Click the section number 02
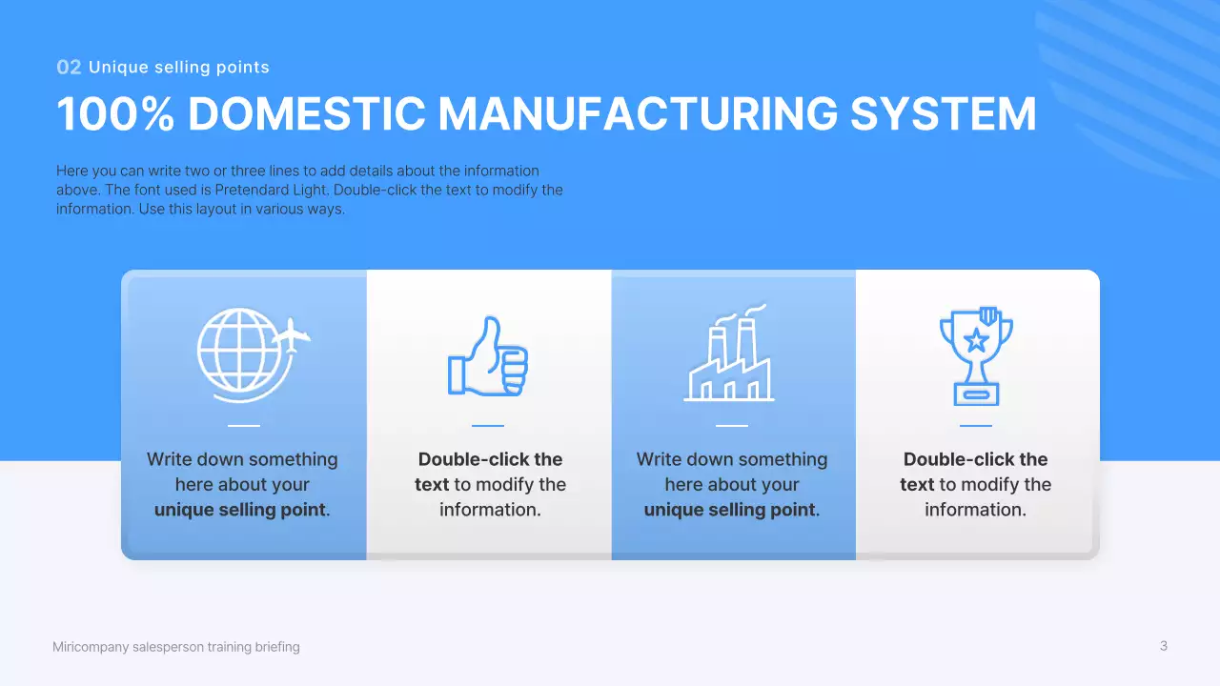tap(69, 68)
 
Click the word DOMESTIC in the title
tap(307, 114)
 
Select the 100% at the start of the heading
tap(115, 114)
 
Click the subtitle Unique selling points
tap(179, 68)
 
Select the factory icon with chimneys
tap(730, 355)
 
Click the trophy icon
tap(976, 355)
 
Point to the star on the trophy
tap(976, 337)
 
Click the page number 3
tap(1163, 646)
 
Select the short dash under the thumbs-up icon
tap(488, 426)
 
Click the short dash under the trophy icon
tap(976, 426)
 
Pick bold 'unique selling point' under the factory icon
tap(730, 510)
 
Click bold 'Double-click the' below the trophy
tap(976, 459)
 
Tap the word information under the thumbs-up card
tap(490, 510)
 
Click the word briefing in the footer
tap(277, 647)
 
